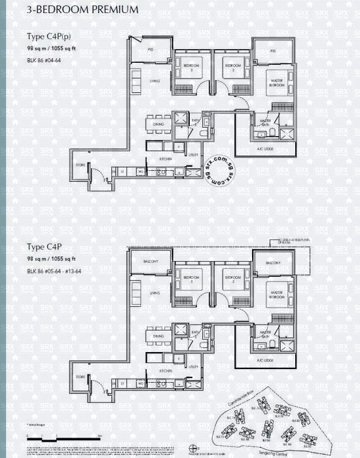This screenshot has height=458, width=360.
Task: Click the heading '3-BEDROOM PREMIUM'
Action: click(83, 10)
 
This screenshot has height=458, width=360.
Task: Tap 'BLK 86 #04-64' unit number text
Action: click(49, 60)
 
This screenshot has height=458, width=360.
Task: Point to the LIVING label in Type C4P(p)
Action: click(155, 81)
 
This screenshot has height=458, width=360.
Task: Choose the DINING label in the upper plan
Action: click(158, 124)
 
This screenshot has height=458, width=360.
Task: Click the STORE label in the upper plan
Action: click(81, 164)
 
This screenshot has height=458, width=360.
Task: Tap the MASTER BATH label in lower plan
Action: click(266, 332)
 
